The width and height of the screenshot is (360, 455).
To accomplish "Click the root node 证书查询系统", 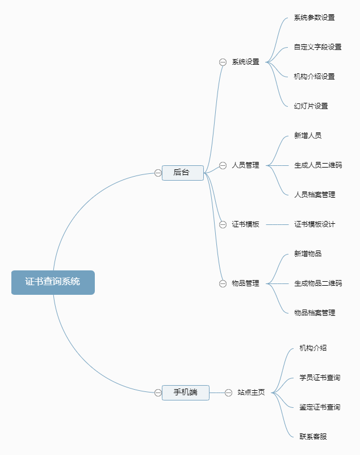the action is pos(53,282).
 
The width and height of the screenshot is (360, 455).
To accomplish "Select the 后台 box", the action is pos(183,173).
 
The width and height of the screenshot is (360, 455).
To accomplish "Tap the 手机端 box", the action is pos(186,393).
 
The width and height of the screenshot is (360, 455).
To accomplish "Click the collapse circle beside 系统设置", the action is pos(223,62).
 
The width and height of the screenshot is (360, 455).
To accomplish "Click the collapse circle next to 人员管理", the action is pos(223,165).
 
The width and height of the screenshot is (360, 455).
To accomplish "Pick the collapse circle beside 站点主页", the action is pos(229,393).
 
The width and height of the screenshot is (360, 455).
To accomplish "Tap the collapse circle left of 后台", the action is pos(158,173).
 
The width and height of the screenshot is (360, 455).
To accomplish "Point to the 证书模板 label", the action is pos(245,224).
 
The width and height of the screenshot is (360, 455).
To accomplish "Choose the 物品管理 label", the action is pos(245,283).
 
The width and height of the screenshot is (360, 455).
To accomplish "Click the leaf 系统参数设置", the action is pos(315,18).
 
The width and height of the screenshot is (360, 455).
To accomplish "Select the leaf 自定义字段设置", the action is pos(318,47).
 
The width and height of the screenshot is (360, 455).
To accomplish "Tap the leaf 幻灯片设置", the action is pos(311,106).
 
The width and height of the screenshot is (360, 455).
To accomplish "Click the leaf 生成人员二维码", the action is pos(318,165).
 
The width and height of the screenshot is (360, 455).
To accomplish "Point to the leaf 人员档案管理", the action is pos(315,195).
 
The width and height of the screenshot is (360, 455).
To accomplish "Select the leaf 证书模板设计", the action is pos(315,224).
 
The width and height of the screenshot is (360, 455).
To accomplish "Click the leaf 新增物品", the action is pos(308,253).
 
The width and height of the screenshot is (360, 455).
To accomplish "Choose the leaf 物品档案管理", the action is pos(315,313).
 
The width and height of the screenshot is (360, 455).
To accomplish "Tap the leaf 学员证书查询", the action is pos(320,378).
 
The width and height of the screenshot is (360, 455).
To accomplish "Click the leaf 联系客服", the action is pos(313,436).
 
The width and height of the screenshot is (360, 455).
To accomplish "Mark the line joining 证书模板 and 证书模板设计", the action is pos(277,224).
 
